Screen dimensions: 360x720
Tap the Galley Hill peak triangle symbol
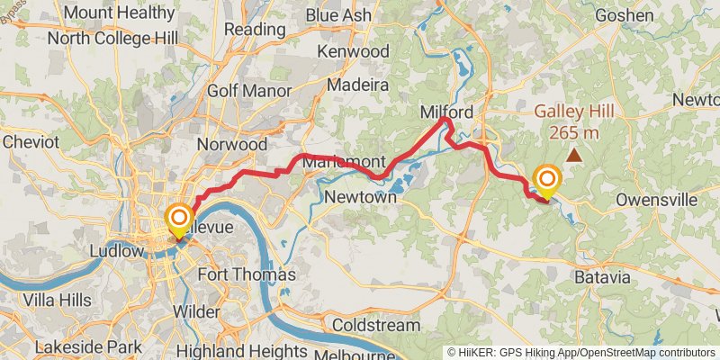[572, 155]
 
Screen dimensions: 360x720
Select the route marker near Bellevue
[178, 219]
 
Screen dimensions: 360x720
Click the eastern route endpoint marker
[545, 179]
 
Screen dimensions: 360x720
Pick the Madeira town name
[356, 85]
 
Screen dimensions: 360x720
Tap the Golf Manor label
[249, 91]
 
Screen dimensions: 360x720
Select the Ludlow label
[117, 251]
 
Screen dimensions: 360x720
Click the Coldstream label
[376, 324]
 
